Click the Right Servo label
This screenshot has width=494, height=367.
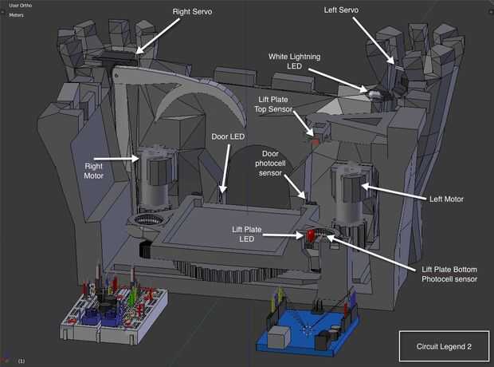click(192, 12)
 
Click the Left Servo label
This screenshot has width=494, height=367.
click(341, 10)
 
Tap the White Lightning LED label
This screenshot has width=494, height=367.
click(294, 61)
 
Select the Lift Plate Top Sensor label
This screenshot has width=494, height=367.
click(273, 105)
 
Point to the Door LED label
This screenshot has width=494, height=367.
click(228, 136)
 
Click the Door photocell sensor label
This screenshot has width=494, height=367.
click(270, 164)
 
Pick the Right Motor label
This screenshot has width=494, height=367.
click(93, 171)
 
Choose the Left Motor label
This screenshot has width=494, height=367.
click(446, 199)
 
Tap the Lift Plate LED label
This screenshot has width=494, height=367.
click(247, 234)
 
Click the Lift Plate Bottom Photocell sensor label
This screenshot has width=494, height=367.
click(449, 274)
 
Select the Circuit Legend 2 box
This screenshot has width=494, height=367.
click(445, 346)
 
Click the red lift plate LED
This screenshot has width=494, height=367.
click(311, 235)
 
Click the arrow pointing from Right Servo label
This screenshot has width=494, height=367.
click(158, 36)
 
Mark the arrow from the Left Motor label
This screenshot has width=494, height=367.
click(394, 192)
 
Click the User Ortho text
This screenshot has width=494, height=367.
click(21, 6)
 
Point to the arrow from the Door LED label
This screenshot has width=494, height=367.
click(225, 168)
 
